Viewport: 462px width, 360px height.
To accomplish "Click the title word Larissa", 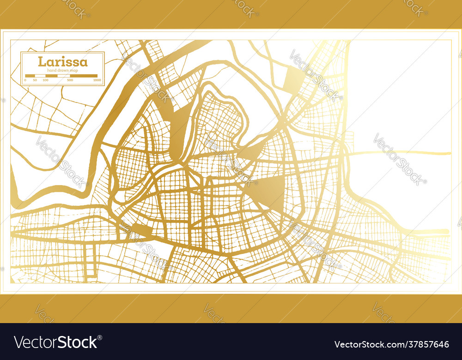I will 62,61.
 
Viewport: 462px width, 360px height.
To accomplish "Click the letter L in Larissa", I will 42,61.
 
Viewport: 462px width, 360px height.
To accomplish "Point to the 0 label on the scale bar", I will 25,80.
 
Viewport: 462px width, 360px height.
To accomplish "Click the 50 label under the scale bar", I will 36,80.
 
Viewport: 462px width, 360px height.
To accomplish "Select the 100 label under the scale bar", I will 45,80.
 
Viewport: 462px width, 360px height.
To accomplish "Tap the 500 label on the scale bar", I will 70,80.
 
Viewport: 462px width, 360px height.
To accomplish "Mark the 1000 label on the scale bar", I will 97,80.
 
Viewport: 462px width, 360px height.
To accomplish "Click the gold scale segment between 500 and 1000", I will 84,76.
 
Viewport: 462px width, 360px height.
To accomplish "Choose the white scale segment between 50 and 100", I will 40,76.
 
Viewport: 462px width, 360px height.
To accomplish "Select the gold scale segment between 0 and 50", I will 30,76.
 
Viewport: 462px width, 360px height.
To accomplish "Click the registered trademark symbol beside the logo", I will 100,337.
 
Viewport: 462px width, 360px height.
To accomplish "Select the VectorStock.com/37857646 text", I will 391,344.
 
